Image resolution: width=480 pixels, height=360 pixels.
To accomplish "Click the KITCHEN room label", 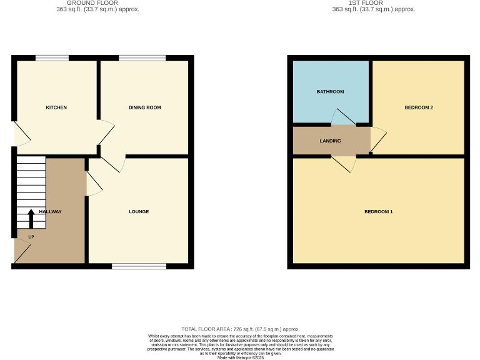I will tap(56, 107).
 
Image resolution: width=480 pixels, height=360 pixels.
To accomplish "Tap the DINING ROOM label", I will tap(145, 107).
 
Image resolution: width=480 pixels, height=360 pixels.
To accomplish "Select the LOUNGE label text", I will tap(139, 211).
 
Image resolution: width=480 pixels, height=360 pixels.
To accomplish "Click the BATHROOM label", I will tap(330, 92).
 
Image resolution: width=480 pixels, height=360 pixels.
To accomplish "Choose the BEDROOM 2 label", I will tap(419, 107).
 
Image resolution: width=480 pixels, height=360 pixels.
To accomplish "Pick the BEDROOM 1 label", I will tap(379, 211).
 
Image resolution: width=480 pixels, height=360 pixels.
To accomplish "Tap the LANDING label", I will tap(330, 141).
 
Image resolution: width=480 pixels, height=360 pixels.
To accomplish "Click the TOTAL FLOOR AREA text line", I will tap(241, 329).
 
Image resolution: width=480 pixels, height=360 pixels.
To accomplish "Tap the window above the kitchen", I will tap(52, 58).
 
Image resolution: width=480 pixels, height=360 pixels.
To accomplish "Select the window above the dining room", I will tap(142, 58).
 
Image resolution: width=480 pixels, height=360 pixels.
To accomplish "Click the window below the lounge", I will tap(139, 266).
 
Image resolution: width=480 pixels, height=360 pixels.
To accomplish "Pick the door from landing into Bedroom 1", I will tap(344, 163).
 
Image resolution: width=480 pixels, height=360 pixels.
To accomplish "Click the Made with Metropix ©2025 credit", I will tap(241, 356).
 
